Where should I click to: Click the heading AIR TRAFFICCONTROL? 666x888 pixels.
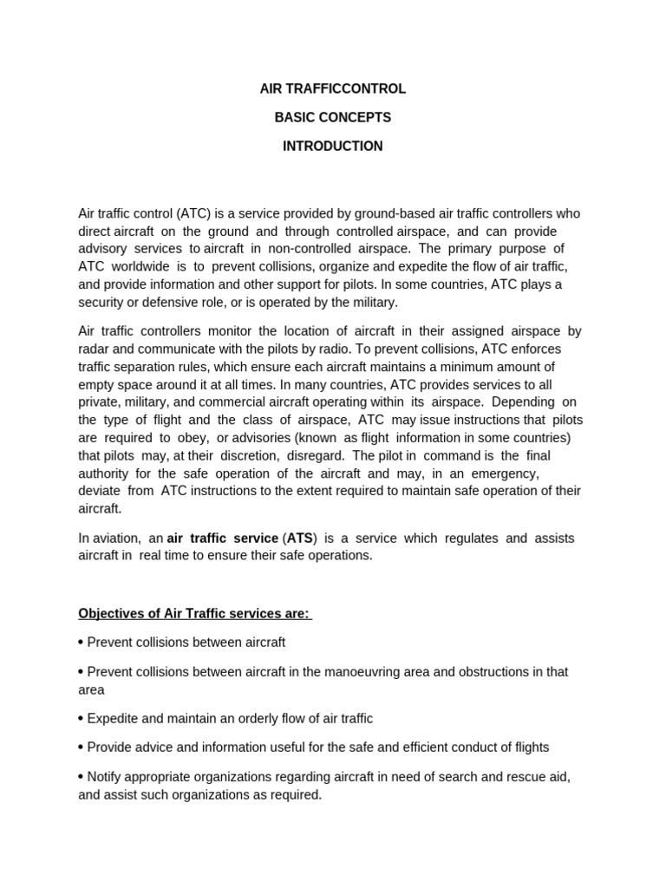point(333,88)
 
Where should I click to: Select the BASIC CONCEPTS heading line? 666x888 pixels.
point(333,117)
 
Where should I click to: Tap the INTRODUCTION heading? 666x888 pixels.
point(333,146)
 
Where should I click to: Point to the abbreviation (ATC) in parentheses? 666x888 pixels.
point(191,213)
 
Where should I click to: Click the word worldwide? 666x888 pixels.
point(145,266)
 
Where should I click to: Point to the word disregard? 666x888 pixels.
point(317,455)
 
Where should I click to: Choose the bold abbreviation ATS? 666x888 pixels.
point(300,539)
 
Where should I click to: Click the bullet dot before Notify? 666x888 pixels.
point(81,776)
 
